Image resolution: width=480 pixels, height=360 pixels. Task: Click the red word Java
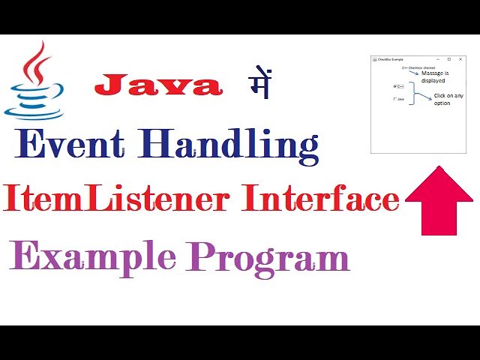pos(158,85)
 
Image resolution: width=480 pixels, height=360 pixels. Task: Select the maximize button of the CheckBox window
pos(448,59)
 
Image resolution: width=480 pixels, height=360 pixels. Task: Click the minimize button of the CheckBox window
pos(439,59)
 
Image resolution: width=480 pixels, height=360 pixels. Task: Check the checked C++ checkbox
pos(395,86)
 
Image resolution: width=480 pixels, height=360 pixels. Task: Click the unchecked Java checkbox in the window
pos(395,99)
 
